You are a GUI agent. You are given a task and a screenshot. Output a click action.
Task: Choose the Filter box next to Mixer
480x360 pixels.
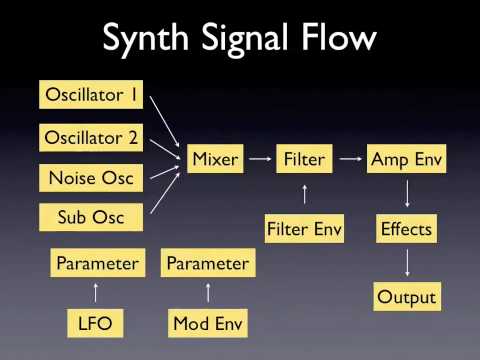(x=304, y=157)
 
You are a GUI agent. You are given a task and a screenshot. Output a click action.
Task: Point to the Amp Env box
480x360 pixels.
(x=406, y=157)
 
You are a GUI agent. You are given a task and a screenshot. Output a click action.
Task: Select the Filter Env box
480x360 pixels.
(x=304, y=229)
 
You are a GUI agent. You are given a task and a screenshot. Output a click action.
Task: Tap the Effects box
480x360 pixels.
(x=406, y=229)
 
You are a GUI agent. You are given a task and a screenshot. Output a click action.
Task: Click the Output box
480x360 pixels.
(x=406, y=297)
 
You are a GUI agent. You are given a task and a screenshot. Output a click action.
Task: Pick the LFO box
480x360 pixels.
(x=95, y=323)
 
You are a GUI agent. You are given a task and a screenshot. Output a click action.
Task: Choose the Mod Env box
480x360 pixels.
(x=208, y=323)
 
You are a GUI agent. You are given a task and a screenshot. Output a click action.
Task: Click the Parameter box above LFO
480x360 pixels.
(x=95, y=264)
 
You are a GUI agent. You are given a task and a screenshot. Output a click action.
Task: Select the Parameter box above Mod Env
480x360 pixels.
(x=208, y=264)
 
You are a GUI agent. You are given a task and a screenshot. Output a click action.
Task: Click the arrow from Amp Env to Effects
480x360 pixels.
(x=406, y=193)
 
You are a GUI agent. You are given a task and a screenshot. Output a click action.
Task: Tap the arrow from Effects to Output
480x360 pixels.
(x=406, y=264)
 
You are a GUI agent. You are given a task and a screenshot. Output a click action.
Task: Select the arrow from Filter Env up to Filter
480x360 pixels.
(x=304, y=193)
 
